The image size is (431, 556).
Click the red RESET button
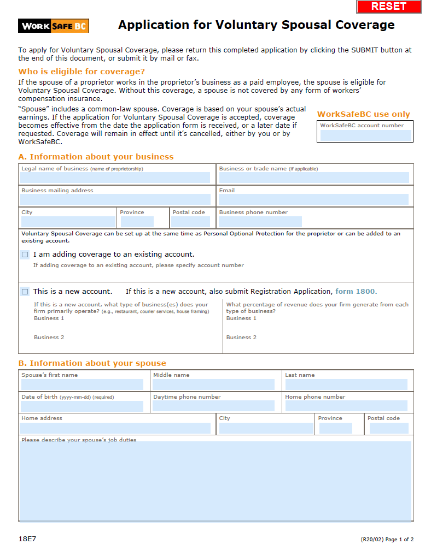point(389,7)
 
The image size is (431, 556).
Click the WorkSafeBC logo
point(54,26)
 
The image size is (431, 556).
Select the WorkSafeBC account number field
point(365,135)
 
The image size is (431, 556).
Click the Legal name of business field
point(115,178)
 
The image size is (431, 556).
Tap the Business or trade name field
point(313,178)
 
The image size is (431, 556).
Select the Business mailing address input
point(115,199)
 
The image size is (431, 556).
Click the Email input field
point(313,199)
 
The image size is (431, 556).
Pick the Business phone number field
point(260,221)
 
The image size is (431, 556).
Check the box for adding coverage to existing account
point(25,255)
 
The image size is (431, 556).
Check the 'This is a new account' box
point(25,292)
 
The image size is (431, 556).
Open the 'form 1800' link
point(356,292)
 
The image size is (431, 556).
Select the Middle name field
point(213,385)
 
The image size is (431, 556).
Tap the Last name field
point(346,385)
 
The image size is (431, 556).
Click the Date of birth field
point(82,406)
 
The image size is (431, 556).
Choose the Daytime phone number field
point(213,406)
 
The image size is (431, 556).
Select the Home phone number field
point(346,406)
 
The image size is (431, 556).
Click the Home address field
point(115,428)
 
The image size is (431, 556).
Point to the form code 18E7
point(27,539)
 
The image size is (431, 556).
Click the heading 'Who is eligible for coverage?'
point(81,72)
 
